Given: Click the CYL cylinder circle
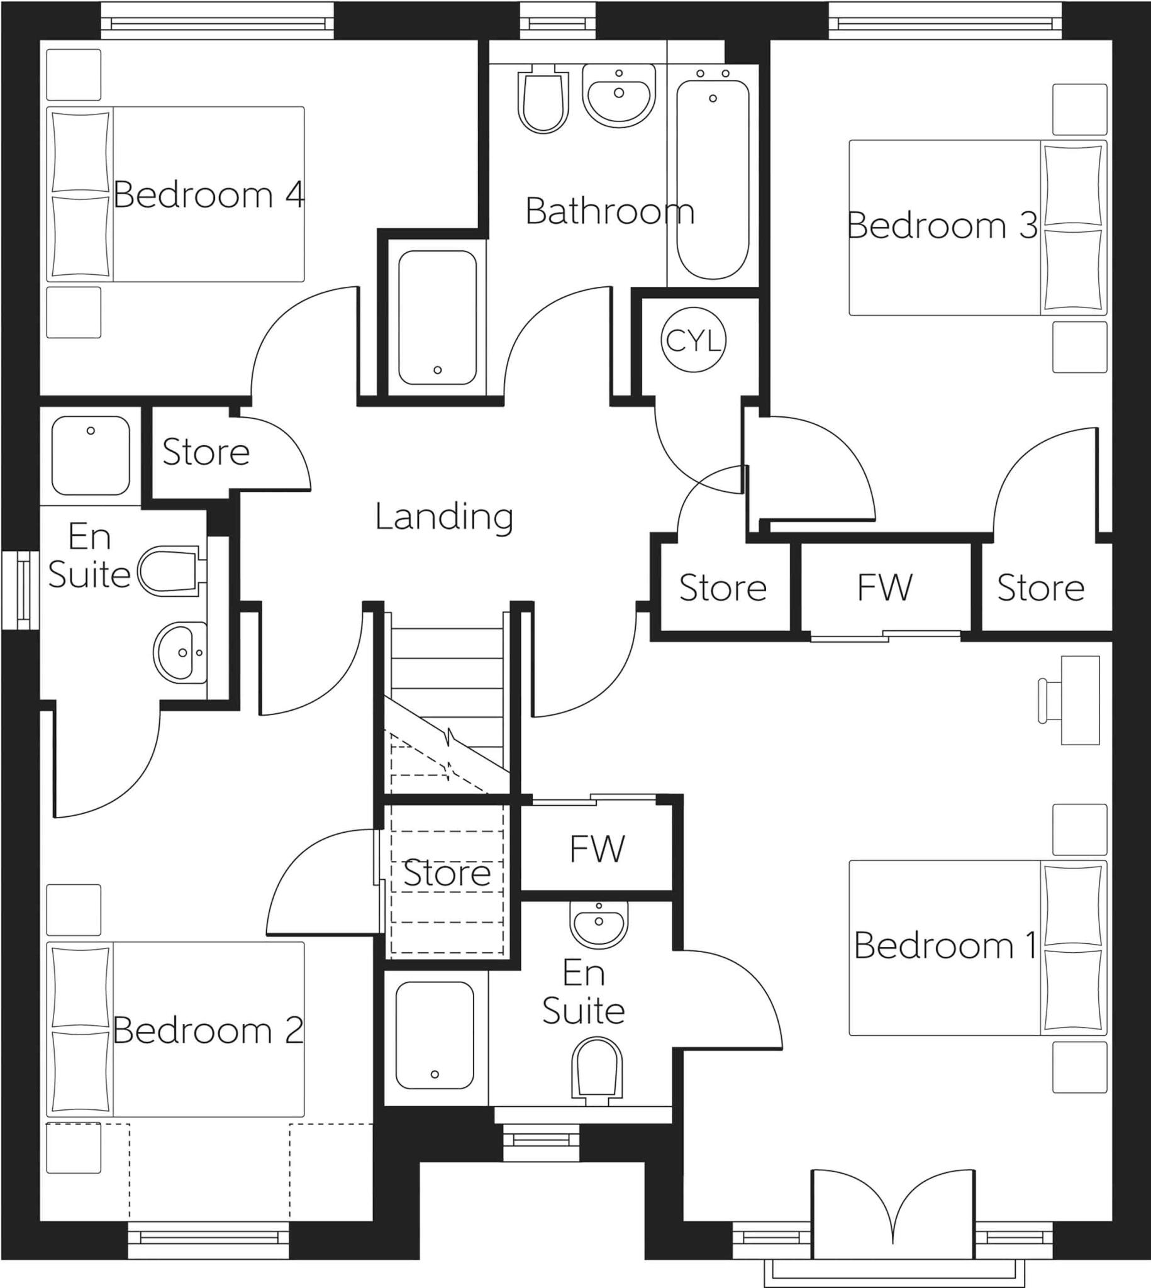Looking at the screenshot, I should point(693,340).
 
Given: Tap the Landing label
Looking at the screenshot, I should point(444,516).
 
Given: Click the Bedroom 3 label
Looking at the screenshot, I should point(942,225).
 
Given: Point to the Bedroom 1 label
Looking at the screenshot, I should point(945,945).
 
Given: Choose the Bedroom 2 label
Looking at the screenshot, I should point(208,1031).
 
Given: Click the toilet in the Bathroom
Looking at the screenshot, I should point(543,101).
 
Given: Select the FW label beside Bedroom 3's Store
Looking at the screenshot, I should point(885,587).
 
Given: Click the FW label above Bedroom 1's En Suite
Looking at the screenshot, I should point(597,848).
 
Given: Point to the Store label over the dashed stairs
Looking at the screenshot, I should point(447,873).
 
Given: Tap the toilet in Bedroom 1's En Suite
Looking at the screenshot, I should point(596,1068).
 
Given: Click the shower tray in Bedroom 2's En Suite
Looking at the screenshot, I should point(91,455).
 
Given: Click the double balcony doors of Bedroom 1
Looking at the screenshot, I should point(892,1215).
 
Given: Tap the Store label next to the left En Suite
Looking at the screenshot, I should point(206,452).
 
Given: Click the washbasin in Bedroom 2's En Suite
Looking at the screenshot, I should point(181,653).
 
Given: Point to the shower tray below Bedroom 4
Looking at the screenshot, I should point(437,318).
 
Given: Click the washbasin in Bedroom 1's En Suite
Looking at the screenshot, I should point(599,924).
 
